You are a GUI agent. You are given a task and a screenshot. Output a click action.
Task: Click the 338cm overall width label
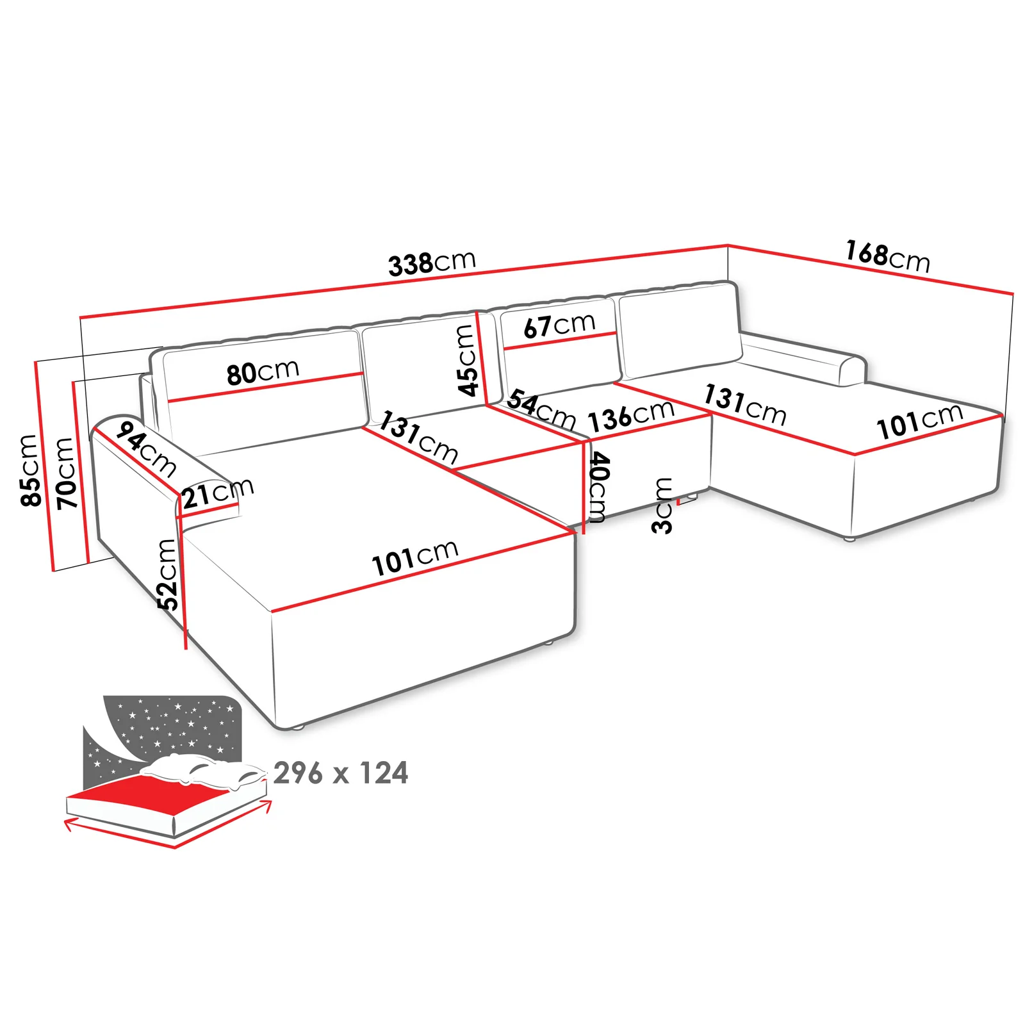(432, 262)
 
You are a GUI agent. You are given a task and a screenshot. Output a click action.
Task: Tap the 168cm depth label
(888, 256)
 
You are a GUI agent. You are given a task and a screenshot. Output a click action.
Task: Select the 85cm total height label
(30, 470)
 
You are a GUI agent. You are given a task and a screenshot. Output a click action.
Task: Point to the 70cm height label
(65, 473)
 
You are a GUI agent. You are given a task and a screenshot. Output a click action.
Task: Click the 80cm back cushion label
(263, 372)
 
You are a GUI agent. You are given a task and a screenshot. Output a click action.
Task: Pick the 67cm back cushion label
(559, 325)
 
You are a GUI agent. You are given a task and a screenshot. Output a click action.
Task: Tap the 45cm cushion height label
(468, 361)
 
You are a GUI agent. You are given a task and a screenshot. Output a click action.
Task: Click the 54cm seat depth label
(541, 410)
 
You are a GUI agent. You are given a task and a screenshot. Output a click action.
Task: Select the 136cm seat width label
(632, 415)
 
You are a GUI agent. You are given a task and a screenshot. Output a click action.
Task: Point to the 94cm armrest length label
(146, 449)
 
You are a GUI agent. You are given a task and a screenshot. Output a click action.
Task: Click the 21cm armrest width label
(218, 493)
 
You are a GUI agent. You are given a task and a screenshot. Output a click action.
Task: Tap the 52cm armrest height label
(168, 574)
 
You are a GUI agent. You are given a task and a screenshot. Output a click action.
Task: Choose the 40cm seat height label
(598, 488)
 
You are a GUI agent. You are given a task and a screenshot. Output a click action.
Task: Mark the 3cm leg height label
(662, 505)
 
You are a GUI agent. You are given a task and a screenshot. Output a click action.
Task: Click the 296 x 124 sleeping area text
(341, 773)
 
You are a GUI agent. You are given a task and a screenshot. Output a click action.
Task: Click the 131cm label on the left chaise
(418, 438)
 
